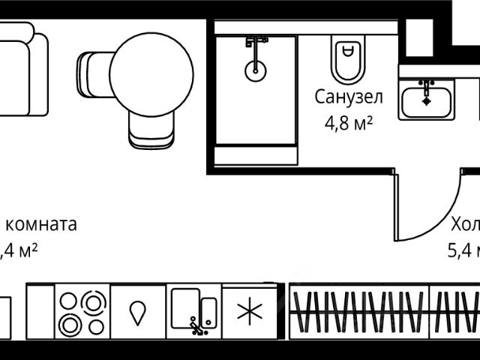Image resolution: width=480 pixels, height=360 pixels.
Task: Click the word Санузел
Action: coord(349,97)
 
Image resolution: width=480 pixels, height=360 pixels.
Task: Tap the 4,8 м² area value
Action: coord(349,122)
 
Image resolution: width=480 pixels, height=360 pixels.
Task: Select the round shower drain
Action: coord(255,70)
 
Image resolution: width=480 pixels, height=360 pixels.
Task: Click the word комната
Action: coord(41,223)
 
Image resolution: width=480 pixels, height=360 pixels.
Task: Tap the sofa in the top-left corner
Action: coord(22,69)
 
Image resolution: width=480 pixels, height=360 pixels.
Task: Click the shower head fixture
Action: coord(256,42)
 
